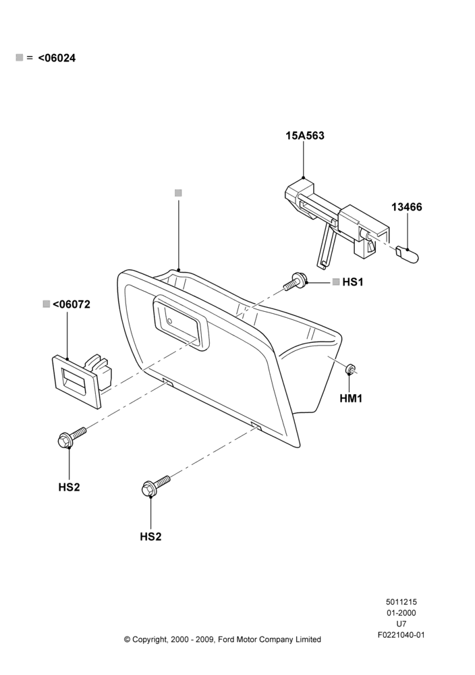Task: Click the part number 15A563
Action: pyautogui.click(x=304, y=136)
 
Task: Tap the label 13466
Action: pyautogui.click(x=407, y=207)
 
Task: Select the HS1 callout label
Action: pyautogui.click(x=353, y=282)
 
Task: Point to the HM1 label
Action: pyautogui.click(x=351, y=399)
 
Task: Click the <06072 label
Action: pyautogui.click(x=72, y=304)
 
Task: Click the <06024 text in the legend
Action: pyautogui.click(x=57, y=58)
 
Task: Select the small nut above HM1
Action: pyautogui.click(x=350, y=369)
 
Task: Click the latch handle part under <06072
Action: pyautogui.click(x=82, y=379)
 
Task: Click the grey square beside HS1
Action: pyautogui.click(x=336, y=281)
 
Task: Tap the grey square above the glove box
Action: pyautogui.click(x=178, y=193)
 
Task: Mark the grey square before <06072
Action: pyautogui.click(x=47, y=304)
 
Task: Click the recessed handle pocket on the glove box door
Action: pyautogui.click(x=180, y=323)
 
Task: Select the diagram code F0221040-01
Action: pyautogui.click(x=401, y=635)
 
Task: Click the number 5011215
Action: pyautogui.click(x=401, y=602)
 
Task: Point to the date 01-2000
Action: pyautogui.click(x=401, y=613)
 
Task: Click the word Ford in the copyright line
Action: pyautogui.click(x=227, y=640)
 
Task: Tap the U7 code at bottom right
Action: pyautogui.click(x=401, y=624)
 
